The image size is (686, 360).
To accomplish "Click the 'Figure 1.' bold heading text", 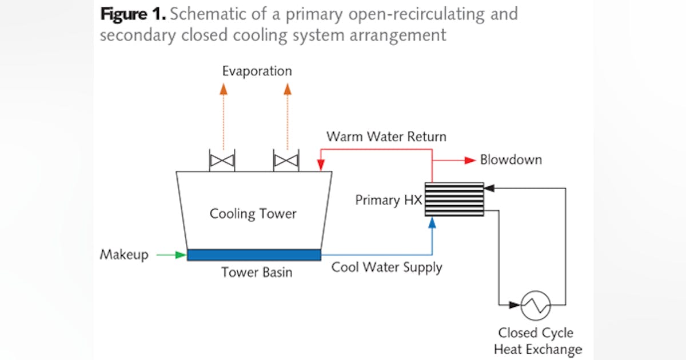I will pyautogui.click(x=132, y=14).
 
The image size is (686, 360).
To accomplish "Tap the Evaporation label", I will pyautogui.click(x=257, y=71).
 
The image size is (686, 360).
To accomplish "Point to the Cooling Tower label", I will pyautogui.click(x=253, y=214).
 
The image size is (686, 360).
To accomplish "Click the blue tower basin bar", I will pyautogui.click(x=254, y=255).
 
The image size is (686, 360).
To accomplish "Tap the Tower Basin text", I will pyautogui.click(x=257, y=273).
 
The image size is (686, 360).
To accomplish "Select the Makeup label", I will pyautogui.click(x=124, y=254).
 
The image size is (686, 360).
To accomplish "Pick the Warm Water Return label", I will pyautogui.click(x=386, y=137).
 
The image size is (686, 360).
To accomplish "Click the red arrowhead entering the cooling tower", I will pyautogui.click(x=321, y=166).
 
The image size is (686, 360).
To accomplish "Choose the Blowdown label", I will pyautogui.click(x=511, y=160).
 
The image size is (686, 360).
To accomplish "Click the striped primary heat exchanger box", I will pyautogui.click(x=454, y=199).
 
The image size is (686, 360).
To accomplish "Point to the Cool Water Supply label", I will pyautogui.click(x=387, y=267).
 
